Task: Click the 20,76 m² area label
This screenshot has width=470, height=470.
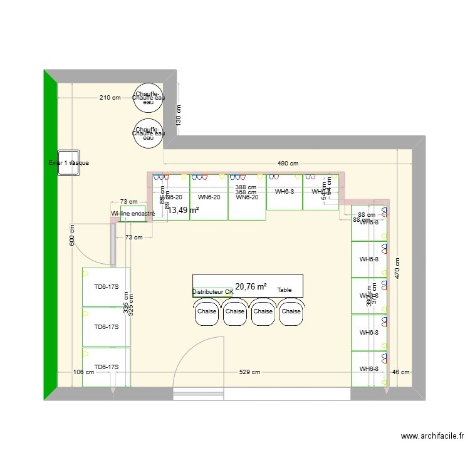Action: (x=251, y=286)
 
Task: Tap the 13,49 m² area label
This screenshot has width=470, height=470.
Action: (x=184, y=211)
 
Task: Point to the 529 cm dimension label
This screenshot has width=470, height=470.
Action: (x=249, y=372)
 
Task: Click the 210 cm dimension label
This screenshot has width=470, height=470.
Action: (x=110, y=98)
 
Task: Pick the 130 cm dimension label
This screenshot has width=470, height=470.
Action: (x=179, y=114)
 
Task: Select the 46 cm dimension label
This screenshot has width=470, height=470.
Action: (x=400, y=372)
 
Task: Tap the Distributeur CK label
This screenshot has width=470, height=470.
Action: (x=212, y=292)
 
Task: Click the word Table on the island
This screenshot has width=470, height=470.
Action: (x=285, y=291)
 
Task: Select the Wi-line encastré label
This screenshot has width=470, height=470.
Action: (x=133, y=214)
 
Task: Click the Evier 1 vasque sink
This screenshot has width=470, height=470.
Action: (x=68, y=162)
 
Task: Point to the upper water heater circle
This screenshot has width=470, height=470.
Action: (x=149, y=98)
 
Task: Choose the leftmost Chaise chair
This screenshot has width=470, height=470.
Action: (x=207, y=312)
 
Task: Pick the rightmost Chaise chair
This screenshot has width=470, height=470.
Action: (x=291, y=312)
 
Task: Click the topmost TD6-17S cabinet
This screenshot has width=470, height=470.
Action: (x=106, y=288)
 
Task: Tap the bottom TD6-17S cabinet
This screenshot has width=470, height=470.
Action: (x=106, y=367)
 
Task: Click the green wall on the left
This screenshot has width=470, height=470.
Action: (x=50, y=235)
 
